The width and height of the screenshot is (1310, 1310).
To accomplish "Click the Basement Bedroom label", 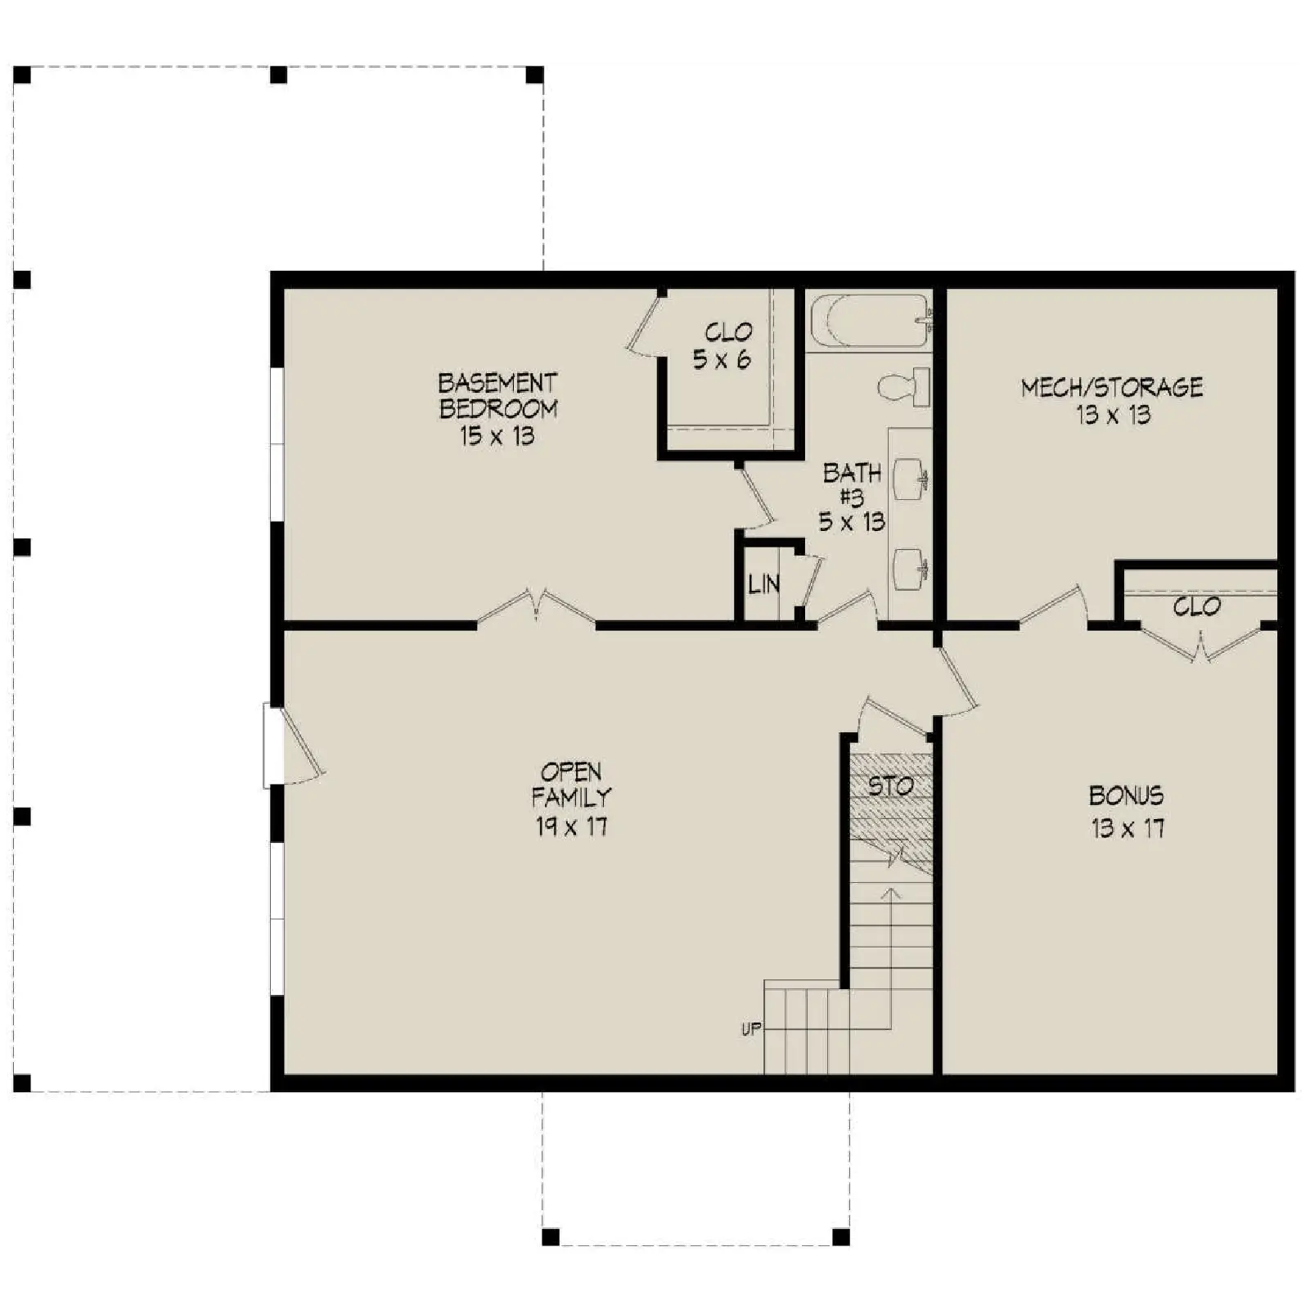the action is click(x=497, y=396).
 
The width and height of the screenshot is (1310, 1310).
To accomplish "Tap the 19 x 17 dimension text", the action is click(x=572, y=827).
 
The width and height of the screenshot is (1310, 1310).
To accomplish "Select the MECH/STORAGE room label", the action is click(x=1112, y=387).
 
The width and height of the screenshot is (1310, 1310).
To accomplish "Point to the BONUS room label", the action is click(x=1127, y=795).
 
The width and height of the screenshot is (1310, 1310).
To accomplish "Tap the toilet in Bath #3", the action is click(x=905, y=386).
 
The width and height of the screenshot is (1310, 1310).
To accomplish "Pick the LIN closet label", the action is click(x=763, y=584).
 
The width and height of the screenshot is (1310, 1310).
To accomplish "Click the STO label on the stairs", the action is click(x=890, y=786).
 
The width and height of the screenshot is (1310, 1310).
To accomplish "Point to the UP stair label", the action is click(x=751, y=1029).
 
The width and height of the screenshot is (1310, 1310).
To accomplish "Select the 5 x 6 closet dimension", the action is click(x=722, y=359).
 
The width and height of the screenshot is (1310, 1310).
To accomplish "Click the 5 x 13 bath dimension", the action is click(x=852, y=521).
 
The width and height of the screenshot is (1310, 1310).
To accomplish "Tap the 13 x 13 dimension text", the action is click(x=1113, y=415).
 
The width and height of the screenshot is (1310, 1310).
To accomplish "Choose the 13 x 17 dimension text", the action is click(x=1127, y=829).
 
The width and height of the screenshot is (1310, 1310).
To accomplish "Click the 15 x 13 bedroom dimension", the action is click(x=497, y=435).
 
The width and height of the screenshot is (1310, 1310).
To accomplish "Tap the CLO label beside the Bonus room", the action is click(x=1196, y=606).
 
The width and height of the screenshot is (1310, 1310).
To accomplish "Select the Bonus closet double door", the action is click(x=1200, y=642).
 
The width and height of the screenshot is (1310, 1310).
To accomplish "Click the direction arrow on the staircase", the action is click(x=890, y=957).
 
